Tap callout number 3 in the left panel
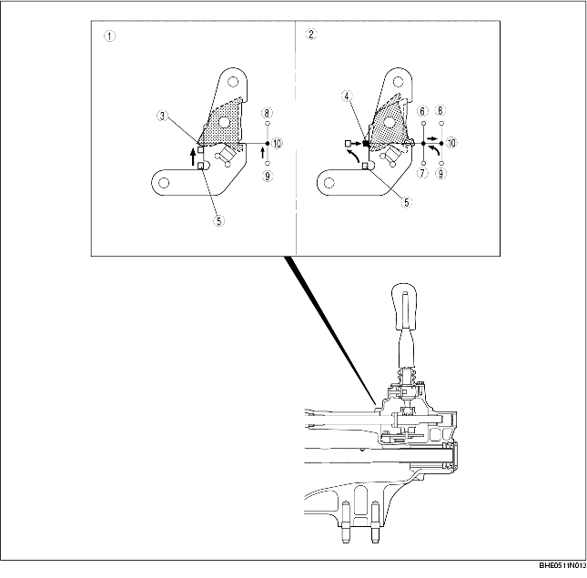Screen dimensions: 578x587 pos(161,116)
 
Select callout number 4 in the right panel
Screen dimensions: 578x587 pos(347,95)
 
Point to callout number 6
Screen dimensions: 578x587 pos(423,111)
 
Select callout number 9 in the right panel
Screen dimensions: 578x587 pos(440,173)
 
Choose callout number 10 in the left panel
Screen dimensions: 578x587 pos(277,143)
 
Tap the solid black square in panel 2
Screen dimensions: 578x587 pos(366,143)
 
